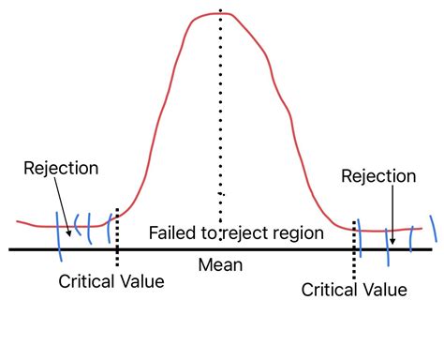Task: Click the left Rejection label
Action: pyautogui.click(x=61, y=170)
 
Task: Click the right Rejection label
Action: pyautogui.click(x=377, y=175)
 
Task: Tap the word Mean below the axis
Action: pyautogui.click(x=220, y=265)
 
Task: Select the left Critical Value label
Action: pyautogui.click(x=111, y=280)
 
